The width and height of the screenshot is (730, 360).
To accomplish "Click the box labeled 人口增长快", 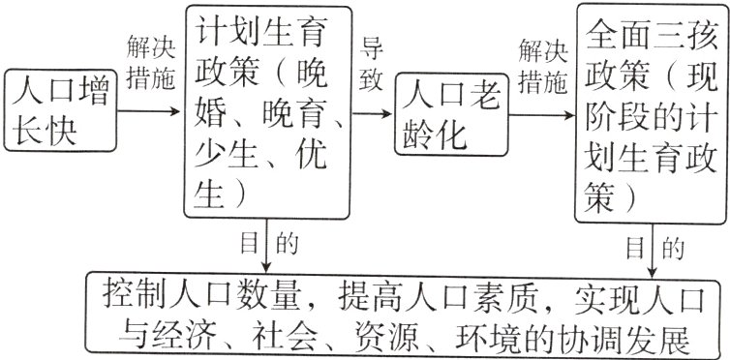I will click(57, 112).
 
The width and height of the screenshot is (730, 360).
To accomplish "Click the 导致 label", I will click(373, 66).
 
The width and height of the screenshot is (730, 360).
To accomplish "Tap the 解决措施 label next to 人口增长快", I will click(150, 63).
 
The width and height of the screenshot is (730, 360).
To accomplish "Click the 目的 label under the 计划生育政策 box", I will click(267, 245).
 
